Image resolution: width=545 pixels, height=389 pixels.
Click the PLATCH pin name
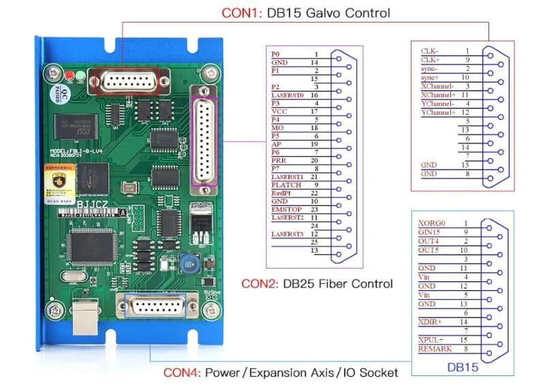point(285,185)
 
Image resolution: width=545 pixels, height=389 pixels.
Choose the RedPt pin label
point(281,193)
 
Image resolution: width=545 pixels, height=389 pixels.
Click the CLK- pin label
point(429,51)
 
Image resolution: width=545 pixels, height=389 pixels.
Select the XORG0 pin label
point(432,223)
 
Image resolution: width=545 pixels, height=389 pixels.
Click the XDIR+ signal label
point(430,320)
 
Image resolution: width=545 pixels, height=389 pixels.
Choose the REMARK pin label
point(433,349)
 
